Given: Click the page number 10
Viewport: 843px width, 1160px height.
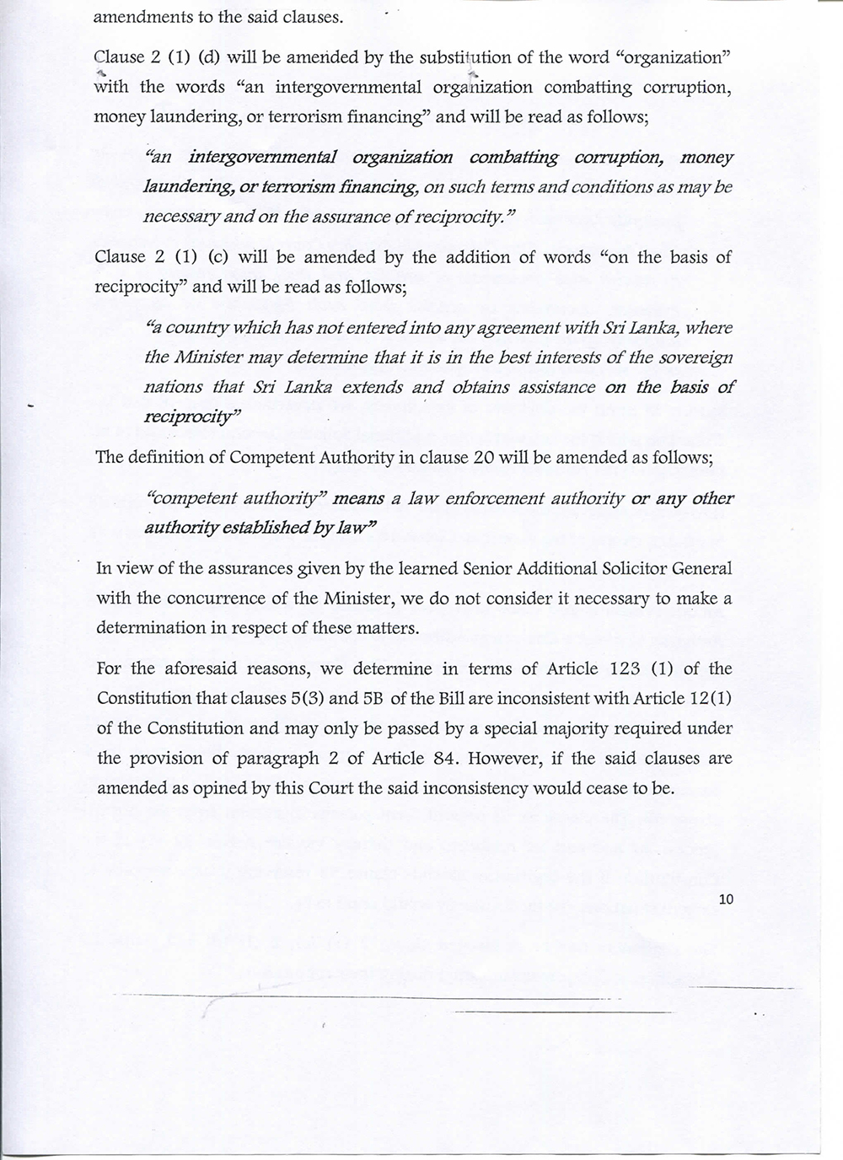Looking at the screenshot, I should click(728, 900).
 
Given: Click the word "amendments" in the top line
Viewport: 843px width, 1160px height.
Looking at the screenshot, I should click(136, 16).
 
